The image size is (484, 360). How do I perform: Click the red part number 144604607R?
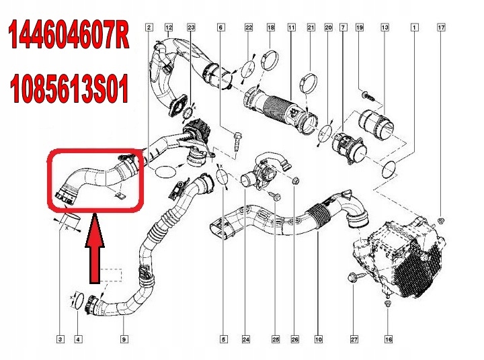(69, 34)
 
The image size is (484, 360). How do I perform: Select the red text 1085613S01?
(69, 89)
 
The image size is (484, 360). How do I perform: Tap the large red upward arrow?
(95, 248)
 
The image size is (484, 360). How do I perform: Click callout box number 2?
(149, 28)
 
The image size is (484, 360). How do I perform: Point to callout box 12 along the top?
(169, 28)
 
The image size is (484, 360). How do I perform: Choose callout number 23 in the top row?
(191, 28)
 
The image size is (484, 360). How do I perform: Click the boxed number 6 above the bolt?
(220, 28)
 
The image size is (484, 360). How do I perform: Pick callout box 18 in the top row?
(271, 28)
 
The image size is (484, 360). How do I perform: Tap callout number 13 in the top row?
(385, 28)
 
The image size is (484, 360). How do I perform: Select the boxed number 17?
(442, 28)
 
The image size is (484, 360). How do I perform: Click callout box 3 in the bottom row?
(61, 339)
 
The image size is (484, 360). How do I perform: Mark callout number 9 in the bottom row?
(124, 339)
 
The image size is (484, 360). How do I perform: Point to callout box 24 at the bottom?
(246, 339)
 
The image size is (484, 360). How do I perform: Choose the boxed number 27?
(354, 339)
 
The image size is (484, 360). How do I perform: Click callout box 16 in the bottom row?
(389, 339)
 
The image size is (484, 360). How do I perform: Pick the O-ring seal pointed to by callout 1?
(389, 169)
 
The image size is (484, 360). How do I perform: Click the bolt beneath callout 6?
(238, 141)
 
